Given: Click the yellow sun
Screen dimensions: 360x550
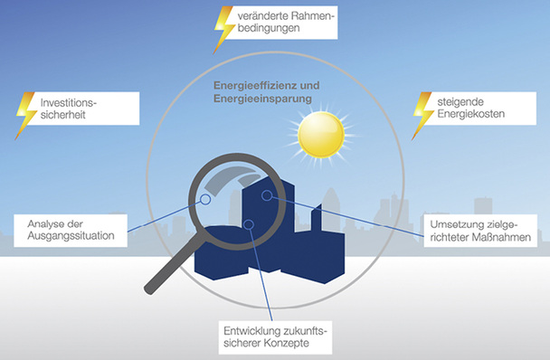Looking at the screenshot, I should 323,134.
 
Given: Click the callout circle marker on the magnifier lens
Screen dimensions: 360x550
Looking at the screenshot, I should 205,200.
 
